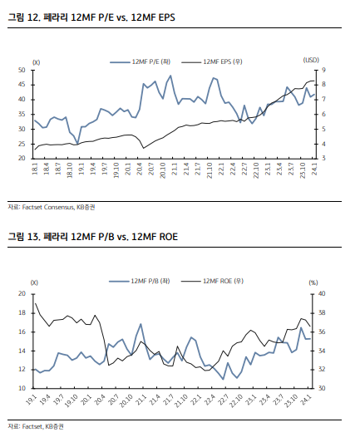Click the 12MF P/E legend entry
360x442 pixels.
pos(141,61)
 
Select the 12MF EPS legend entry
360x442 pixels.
pos(212,61)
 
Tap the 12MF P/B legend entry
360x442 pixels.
pos(140,281)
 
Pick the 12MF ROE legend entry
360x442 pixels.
pos(212,281)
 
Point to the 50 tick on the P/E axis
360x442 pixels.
pos(22,70)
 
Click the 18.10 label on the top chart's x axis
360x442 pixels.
pos(70,170)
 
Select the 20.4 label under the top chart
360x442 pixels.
pos(140,169)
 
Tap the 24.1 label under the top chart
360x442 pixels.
pos(314,169)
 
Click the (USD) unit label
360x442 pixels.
pos(311,60)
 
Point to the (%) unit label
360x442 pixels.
pos(313,282)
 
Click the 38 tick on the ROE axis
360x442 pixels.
pos(322,313)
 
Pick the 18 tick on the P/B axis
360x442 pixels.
pos(22,313)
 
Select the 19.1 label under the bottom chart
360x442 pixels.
pos(31,400)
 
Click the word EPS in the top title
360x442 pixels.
pos(167,17)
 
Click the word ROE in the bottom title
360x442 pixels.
pos(169,237)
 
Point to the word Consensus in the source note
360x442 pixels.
pos(59,207)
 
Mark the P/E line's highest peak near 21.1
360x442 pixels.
pos(170,76)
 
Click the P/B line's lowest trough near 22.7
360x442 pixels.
pos(223,379)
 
